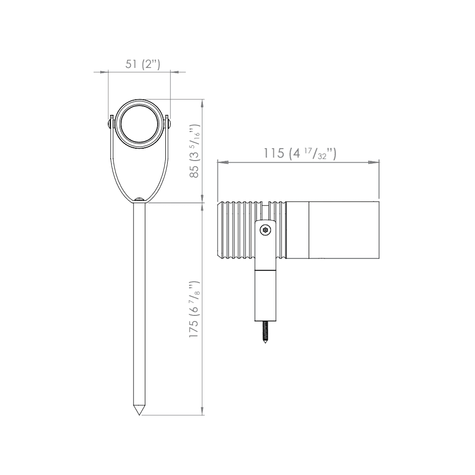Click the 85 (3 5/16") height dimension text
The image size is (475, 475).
tap(194, 151)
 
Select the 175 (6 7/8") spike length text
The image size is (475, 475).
tap(194, 309)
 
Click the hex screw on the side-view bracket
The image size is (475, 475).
tap(266, 230)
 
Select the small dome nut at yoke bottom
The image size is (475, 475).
tap(139, 200)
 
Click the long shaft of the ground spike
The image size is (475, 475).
tap(139, 304)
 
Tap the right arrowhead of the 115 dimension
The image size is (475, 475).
tap(375, 162)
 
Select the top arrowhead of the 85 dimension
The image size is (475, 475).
tap(203, 103)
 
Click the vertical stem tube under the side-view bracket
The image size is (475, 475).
tap(266, 294)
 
